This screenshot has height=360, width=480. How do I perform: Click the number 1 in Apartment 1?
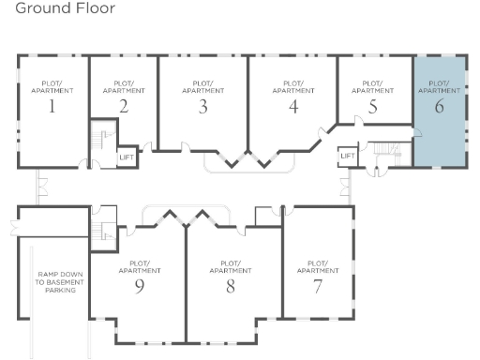coord(52,106)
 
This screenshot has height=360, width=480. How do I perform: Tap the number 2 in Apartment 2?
coord(123,106)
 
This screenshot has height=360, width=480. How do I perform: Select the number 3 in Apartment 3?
coord(202,106)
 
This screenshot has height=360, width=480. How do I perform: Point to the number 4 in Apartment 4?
coord(292,106)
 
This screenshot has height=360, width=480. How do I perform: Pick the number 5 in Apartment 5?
coord(372,106)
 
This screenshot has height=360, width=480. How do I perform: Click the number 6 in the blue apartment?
coord(438,106)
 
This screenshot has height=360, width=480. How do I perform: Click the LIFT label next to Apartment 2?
coord(127,157)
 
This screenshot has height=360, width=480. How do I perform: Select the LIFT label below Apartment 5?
coord(348,156)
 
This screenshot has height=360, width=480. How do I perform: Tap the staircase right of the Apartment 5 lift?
coord(384,150)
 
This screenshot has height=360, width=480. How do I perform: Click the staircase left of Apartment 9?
coord(102,228)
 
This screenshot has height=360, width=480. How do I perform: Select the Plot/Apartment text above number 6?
coord(438,85)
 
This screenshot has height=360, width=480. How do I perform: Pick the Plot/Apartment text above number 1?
coord(52,85)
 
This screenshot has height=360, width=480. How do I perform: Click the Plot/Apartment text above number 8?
coord(230,266)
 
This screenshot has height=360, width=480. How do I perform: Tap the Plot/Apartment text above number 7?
coord(318,266)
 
